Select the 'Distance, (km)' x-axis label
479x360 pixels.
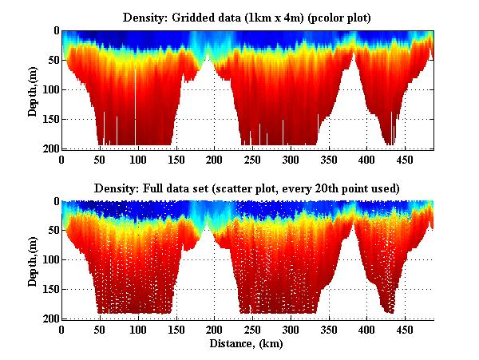click(247, 344)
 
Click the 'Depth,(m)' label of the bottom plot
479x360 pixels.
click(33, 260)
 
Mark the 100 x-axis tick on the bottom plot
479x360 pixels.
click(138, 330)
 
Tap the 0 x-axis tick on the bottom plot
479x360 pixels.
click(62, 330)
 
